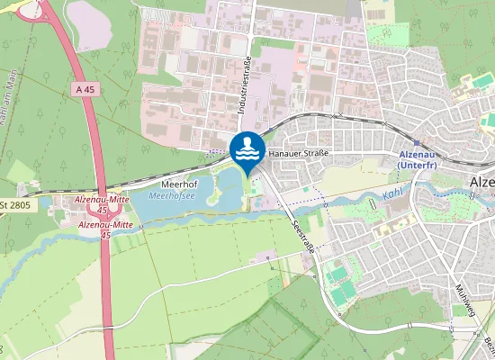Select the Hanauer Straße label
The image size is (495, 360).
coord(298,154)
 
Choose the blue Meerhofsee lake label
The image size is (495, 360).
coord(167,194)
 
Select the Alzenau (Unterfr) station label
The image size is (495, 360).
coord(418,159)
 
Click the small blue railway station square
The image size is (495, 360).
coord(416,142)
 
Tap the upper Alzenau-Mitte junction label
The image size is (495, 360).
coord(102,202)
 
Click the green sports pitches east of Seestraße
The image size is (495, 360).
coord(339,281)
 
